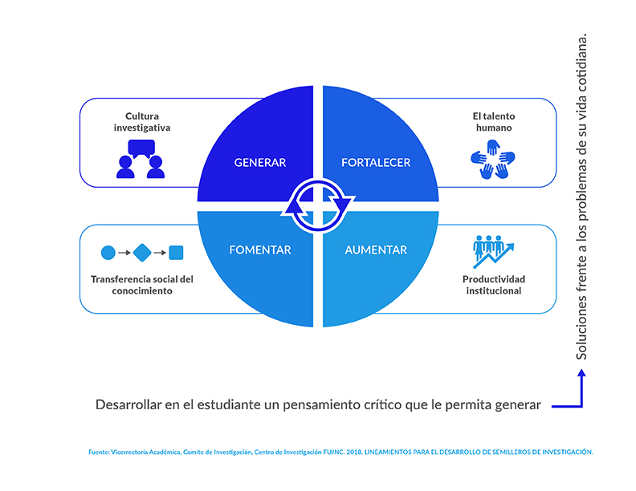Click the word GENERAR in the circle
[x=260, y=162]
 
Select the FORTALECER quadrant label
[x=376, y=162]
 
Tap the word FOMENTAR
[x=260, y=250]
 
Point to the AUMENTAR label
[x=376, y=250]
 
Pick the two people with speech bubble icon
[x=141, y=159]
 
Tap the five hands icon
[x=493, y=159]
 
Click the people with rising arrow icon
[x=493, y=252]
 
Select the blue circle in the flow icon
[x=108, y=253]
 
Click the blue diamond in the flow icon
[x=142, y=253]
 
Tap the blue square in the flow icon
[x=176, y=253]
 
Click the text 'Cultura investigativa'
[x=142, y=122]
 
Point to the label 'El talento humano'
[x=494, y=122]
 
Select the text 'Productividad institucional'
[x=494, y=285]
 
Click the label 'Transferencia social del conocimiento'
[x=142, y=285]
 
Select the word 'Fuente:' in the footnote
[x=99, y=452]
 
